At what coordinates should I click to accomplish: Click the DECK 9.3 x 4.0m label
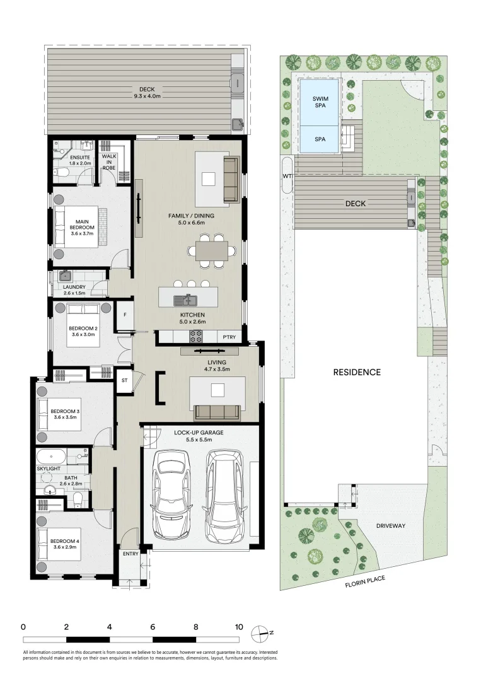(147, 93)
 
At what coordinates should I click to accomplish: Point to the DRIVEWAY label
(390, 525)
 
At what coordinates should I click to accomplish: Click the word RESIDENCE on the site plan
(357, 372)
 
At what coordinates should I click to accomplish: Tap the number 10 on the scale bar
(238, 627)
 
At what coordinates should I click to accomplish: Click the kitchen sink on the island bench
(188, 300)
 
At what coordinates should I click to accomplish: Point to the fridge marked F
(125, 315)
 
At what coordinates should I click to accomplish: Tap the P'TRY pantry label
(229, 337)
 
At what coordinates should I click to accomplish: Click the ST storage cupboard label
(125, 380)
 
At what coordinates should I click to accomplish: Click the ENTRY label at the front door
(130, 554)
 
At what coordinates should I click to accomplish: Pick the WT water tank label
(287, 175)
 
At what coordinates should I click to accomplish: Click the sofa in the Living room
(217, 412)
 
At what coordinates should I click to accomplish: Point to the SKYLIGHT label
(49, 470)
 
